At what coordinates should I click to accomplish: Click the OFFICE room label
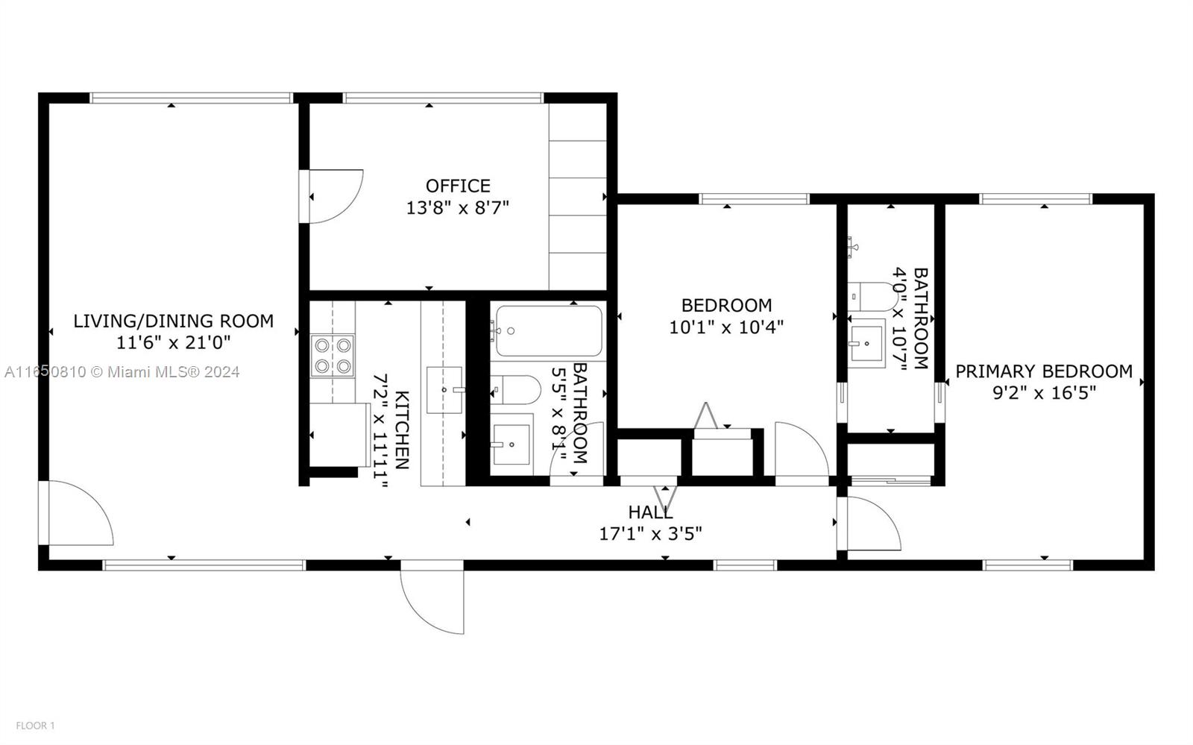tap(458, 186)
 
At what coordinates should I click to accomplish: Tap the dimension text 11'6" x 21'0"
tap(174, 342)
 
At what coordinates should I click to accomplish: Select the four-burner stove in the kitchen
tap(333, 356)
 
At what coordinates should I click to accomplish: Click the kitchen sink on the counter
tap(444, 390)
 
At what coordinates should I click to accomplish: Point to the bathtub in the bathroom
tap(549, 331)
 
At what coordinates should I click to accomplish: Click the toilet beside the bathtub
tap(515, 390)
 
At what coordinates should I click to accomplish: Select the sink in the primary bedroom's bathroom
tap(866, 344)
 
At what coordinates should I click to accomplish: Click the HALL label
tap(650, 512)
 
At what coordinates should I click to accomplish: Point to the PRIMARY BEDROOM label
tap(1044, 371)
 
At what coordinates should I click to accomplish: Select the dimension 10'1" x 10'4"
tap(726, 327)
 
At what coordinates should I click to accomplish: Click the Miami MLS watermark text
tap(122, 371)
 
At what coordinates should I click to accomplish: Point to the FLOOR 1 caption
tap(35, 726)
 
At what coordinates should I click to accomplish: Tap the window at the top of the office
tap(443, 98)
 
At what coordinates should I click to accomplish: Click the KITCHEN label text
tap(402, 430)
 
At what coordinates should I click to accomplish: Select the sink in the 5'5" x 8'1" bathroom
tap(511, 444)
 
